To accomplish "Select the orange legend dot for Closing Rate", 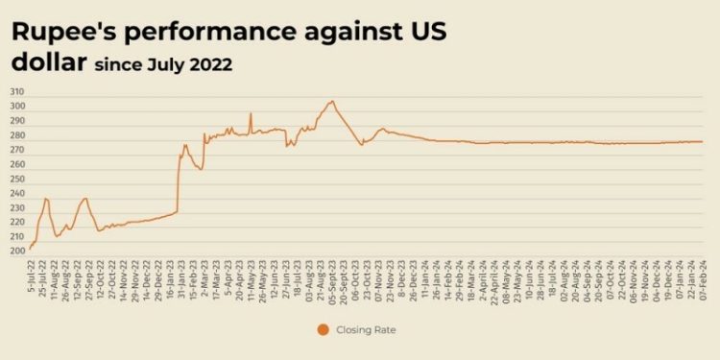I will tap(322, 330).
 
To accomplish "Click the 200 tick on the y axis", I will tap(18, 252).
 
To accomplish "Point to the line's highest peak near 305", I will tap(332, 101).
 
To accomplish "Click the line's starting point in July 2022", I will tap(30, 249).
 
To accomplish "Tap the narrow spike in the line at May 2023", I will tap(251, 113).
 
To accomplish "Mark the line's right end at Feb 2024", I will tap(703, 142).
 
